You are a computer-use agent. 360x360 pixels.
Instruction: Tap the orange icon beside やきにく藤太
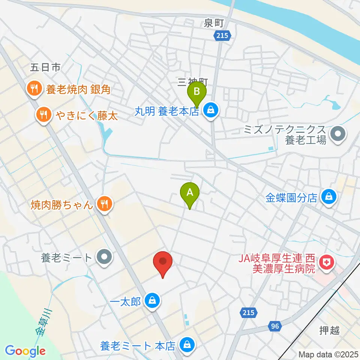[x=44, y=114]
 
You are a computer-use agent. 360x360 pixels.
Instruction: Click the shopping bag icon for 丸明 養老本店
[x=211, y=111]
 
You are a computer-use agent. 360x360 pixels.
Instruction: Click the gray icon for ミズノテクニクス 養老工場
[x=338, y=133]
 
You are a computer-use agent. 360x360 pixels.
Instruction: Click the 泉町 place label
[x=214, y=23]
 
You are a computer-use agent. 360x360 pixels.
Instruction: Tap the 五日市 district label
[x=45, y=68]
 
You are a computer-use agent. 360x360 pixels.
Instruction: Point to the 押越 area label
[x=329, y=331]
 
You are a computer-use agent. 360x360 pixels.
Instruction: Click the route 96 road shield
[x=275, y=326]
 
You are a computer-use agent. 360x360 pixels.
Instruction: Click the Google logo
[x=25, y=351]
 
